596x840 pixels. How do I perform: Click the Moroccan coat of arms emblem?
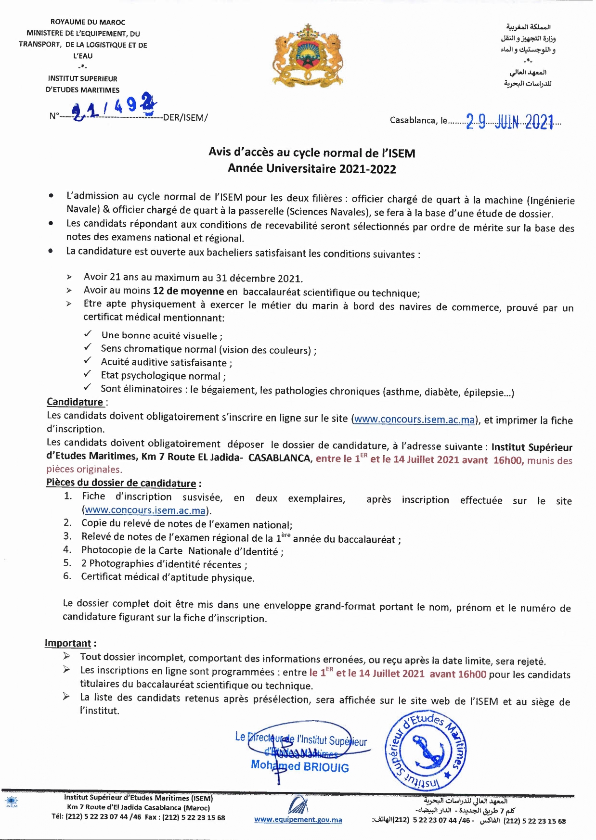307,54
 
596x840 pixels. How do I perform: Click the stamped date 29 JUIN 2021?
509,122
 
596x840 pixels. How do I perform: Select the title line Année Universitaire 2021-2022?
312,169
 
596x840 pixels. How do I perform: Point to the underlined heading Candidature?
75,402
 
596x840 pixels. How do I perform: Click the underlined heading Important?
68,643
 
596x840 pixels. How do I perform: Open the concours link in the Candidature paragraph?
415,420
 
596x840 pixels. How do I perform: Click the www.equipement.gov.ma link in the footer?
298,820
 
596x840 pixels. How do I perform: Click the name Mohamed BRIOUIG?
299,766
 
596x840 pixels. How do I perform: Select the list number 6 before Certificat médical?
67,576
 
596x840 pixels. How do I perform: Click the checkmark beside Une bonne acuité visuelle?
88,334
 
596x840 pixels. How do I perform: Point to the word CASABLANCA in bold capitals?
280,458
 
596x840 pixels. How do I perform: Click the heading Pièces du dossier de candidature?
121,483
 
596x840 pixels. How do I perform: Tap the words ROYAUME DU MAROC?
88,22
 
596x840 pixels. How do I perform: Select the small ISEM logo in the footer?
11,802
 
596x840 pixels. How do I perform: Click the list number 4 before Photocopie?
67,549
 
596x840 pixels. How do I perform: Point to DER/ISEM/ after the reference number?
185,118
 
